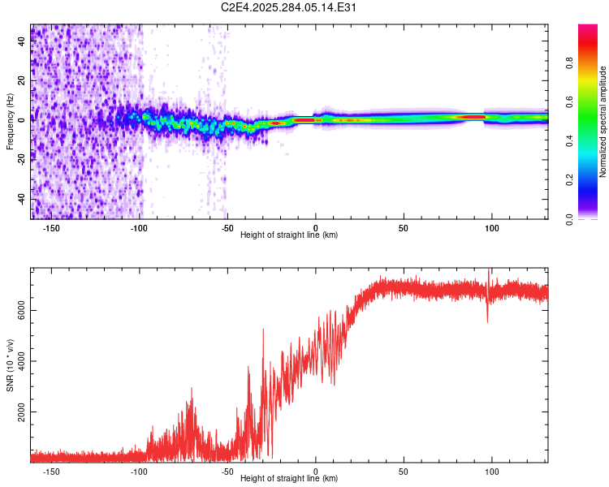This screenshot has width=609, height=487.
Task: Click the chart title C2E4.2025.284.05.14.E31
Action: pos(289,7)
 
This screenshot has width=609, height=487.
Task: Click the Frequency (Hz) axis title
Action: pos(10,120)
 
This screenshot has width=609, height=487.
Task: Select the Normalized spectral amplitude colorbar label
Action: pos(603,122)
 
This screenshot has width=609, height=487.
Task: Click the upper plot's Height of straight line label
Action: pos(289,235)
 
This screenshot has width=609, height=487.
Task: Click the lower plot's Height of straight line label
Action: pos(289,479)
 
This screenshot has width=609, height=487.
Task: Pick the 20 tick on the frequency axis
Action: pos(21,80)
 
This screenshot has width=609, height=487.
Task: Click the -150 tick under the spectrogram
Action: pos(51,227)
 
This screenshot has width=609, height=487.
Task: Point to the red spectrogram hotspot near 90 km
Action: pos(471,117)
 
